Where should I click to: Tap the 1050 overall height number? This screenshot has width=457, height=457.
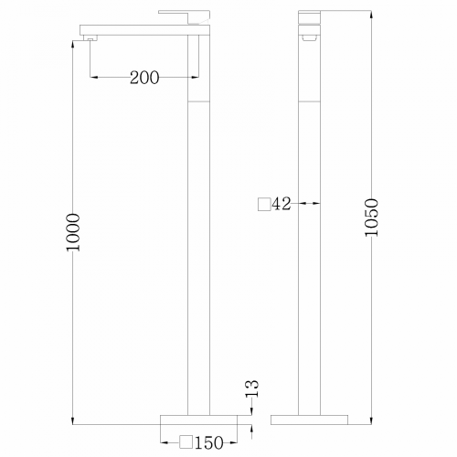370,218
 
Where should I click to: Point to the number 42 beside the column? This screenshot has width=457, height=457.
281,204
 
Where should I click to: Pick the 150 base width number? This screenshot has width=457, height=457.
209,443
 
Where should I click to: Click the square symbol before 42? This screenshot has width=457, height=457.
264,204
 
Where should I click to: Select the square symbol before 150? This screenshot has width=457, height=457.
186,443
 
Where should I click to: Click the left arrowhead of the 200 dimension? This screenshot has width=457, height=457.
96,78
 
